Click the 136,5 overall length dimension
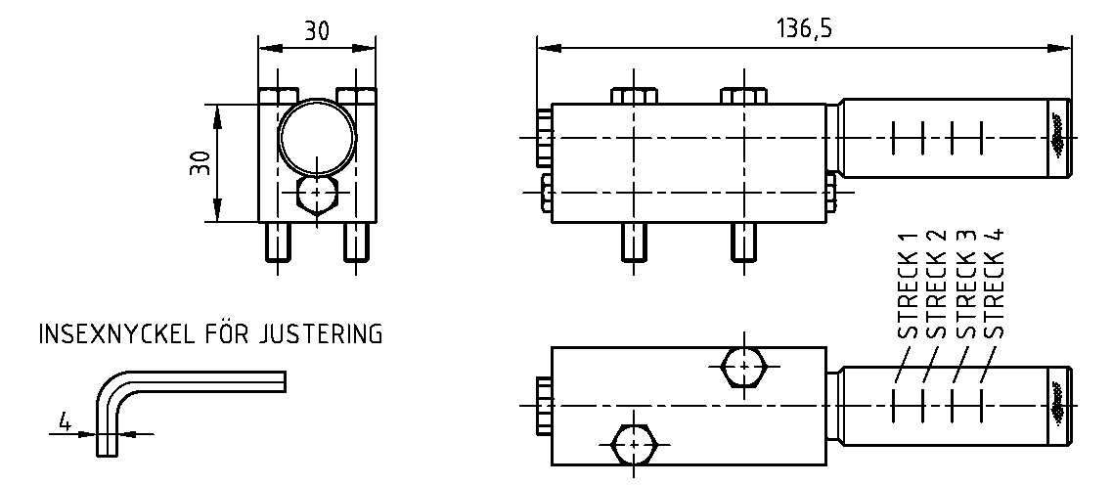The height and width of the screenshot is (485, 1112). (x=803, y=28)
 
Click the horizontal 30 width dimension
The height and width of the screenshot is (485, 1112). (x=316, y=30)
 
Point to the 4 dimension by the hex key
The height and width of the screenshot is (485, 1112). (x=65, y=422)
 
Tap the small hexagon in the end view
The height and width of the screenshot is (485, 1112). (x=316, y=194)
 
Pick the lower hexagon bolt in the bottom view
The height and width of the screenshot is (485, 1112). (x=636, y=445)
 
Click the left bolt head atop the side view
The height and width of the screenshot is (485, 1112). (x=633, y=96)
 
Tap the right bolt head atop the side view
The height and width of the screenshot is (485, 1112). (x=742, y=96)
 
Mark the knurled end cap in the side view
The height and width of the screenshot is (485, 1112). (x=1058, y=140)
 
